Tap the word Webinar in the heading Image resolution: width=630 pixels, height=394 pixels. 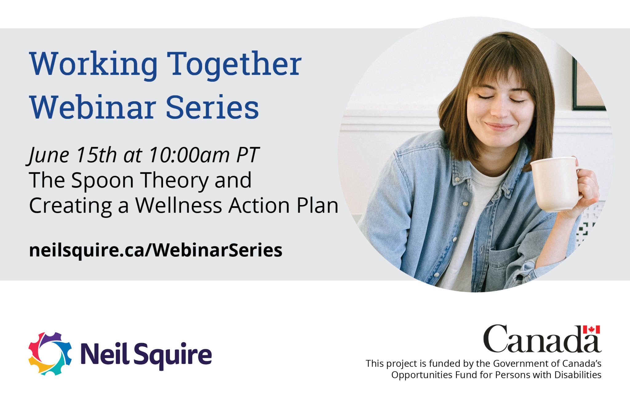[x=93, y=107]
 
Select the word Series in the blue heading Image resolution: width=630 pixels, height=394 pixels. [x=212, y=107]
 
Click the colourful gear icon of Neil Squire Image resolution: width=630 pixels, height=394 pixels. [x=50, y=353]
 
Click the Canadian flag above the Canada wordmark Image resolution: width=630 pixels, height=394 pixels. [x=592, y=329]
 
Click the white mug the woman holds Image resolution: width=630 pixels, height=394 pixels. [x=556, y=184]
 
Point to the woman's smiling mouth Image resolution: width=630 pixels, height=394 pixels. [x=499, y=126]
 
